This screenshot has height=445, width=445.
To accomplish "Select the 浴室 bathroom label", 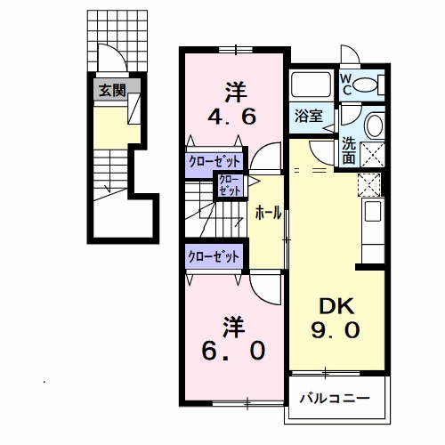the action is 309,116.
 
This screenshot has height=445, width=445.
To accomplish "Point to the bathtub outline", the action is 311,84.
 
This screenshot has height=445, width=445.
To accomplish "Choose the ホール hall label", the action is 268,214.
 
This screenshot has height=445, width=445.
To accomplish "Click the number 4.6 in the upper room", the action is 231,117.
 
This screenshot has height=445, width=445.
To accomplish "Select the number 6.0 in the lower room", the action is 233,351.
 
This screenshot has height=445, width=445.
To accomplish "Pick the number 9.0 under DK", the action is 336,330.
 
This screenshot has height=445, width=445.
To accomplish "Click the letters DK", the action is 336,306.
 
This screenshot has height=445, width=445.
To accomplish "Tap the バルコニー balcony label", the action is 335,398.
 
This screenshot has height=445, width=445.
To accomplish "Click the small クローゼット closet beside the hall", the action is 231,185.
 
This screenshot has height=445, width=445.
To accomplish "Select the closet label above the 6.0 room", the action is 214,256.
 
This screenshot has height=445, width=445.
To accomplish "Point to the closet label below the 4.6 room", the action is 214,162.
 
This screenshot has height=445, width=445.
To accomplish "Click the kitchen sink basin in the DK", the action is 373,211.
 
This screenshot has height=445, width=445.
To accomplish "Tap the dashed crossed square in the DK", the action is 368,184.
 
